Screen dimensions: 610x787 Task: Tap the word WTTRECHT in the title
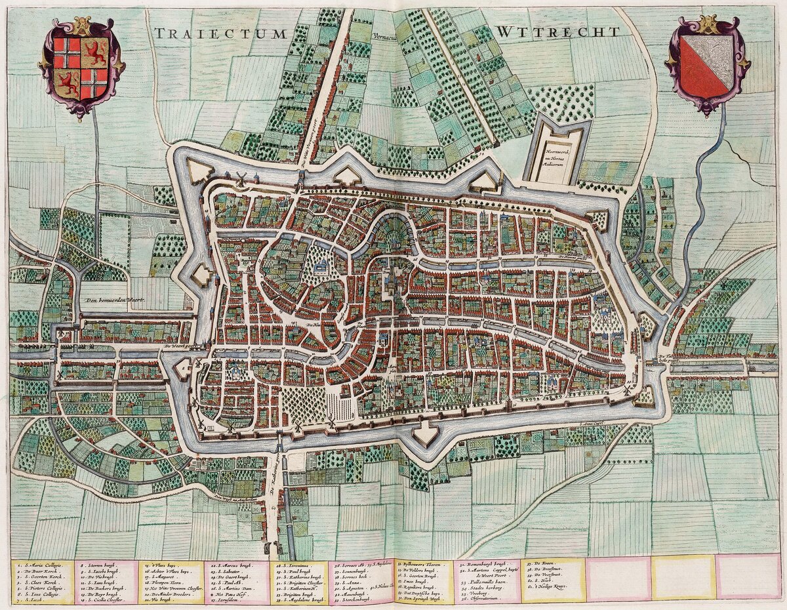[557, 32]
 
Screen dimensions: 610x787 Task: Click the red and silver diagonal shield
[707, 66]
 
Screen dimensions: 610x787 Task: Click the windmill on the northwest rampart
[241, 177]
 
